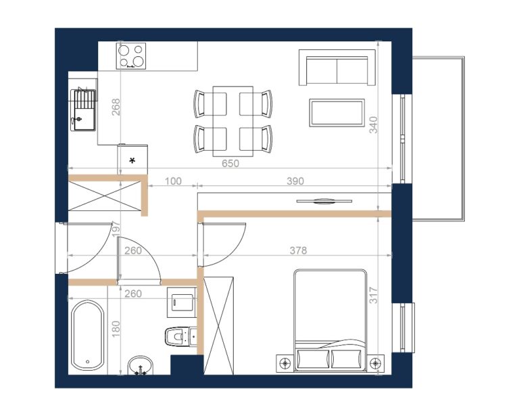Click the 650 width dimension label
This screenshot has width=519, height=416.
(x=230, y=163)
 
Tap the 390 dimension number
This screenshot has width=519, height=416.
(x=295, y=181)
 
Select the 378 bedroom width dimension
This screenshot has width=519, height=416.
(x=298, y=250)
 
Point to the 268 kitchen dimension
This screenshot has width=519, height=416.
(x=116, y=107)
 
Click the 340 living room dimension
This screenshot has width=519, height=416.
(x=373, y=125)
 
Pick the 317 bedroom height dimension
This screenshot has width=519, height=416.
(x=373, y=296)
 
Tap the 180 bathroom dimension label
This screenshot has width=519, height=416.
(x=116, y=329)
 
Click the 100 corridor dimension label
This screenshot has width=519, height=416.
(x=173, y=181)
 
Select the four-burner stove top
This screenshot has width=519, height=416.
(x=131, y=56)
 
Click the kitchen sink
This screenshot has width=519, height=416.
(x=83, y=110)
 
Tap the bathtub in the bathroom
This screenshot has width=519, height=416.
(x=88, y=336)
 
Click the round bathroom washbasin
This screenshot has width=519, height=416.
(x=141, y=366)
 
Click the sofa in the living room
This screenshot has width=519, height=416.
(x=337, y=68)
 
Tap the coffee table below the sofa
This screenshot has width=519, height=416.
(x=337, y=112)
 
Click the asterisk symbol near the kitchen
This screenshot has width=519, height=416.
(x=132, y=161)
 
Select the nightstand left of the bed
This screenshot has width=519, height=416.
(x=285, y=364)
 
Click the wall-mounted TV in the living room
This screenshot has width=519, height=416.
(x=324, y=201)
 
